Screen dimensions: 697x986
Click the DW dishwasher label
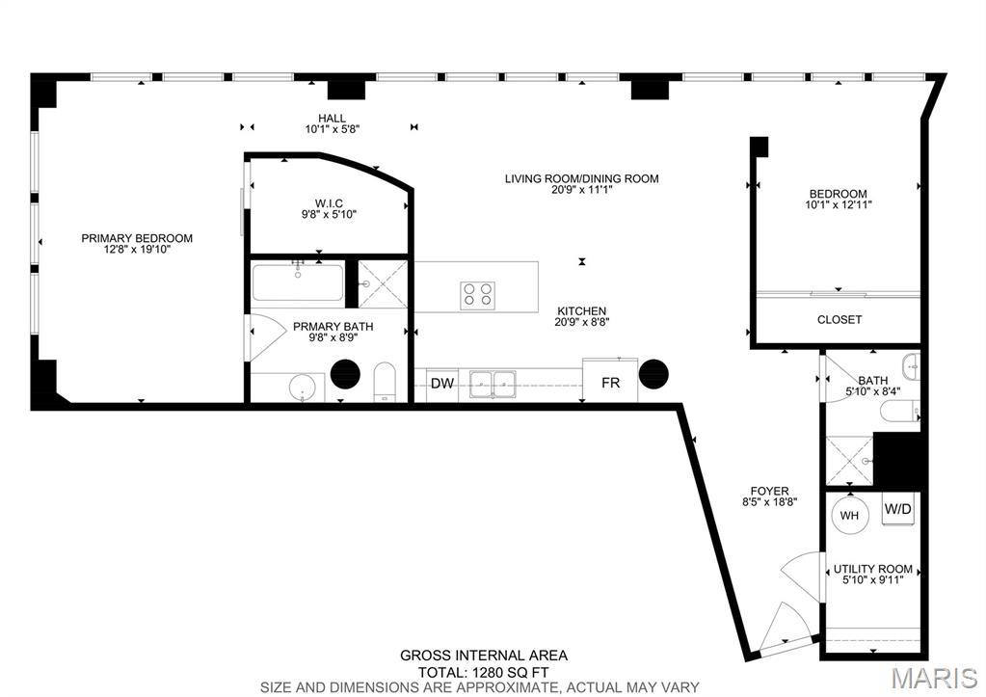442,384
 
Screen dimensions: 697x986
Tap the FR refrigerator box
610,383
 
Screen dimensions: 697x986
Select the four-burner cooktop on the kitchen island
478,293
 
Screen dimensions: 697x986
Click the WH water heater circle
849,516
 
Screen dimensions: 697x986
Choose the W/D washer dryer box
898,508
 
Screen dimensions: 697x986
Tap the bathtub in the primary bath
298,283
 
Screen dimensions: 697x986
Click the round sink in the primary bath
303,387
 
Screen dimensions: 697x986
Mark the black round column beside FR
654,374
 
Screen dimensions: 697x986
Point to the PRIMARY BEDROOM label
137,238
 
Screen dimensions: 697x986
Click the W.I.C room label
329,202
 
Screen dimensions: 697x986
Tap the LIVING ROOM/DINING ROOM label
582,178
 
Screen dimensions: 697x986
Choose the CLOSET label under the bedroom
839,319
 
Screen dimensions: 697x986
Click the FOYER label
769,491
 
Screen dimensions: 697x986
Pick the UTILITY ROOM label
873,569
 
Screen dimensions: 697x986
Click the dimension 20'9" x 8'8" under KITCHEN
582,322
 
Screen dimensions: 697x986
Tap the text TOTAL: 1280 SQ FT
483,672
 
